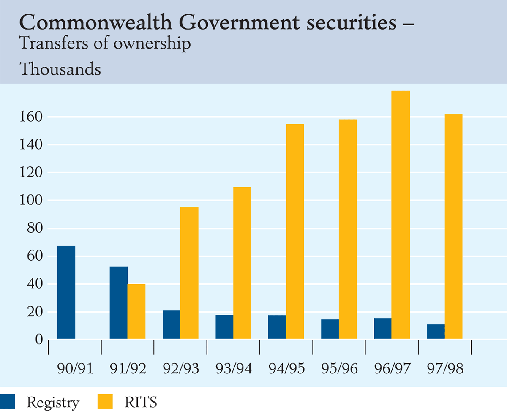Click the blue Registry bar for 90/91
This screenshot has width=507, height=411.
[66, 292]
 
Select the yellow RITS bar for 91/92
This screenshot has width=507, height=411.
[136, 311]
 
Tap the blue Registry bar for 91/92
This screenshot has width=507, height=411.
[119, 302]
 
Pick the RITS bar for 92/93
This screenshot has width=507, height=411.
[189, 272]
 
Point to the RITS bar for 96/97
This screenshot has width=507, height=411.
[401, 215]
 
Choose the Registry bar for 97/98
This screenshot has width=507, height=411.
[436, 332]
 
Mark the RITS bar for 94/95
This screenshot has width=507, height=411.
[295, 231]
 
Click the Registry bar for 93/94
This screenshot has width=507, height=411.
[224, 327]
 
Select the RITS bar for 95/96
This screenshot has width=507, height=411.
[348, 229]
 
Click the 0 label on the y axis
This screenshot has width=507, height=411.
[39, 340]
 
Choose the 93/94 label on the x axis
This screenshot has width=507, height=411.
[233, 369]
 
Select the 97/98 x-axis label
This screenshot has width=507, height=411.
[445, 369]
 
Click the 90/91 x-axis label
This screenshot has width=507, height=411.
[75, 369]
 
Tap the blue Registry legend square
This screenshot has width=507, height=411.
[8, 401]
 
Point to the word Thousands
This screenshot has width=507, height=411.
[60, 69]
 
